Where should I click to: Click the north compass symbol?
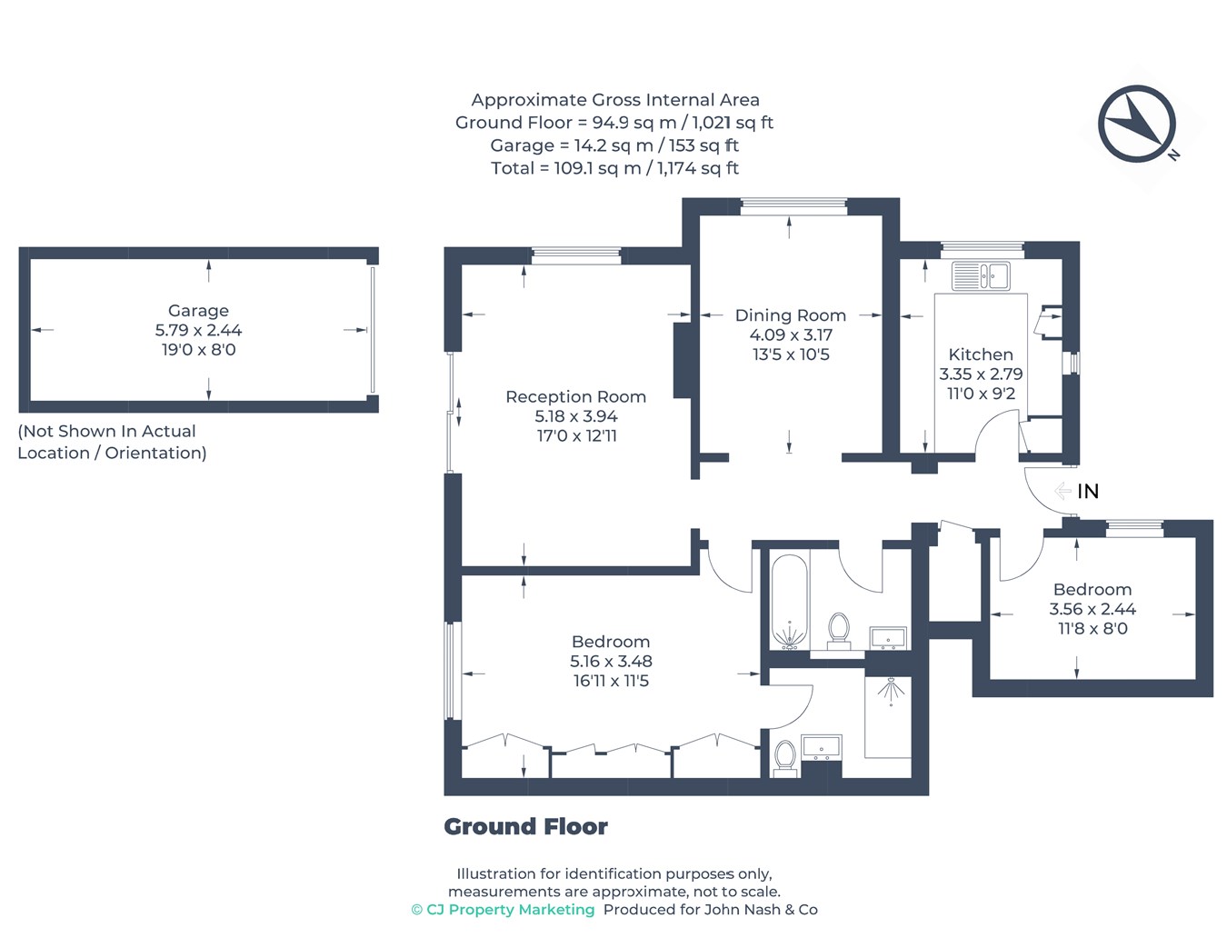coord(1136,124)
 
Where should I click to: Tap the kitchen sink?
coord(981,275)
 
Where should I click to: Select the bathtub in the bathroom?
coord(789,602)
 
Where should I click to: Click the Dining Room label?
coord(791,315)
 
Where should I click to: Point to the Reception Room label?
coord(575,396)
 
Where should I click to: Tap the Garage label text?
coord(198,310)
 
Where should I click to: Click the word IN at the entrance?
coord(1088,491)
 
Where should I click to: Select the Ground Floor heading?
coord(525,826)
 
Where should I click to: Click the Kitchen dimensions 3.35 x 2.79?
coord(981,374)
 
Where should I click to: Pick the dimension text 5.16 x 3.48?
coord(611,661)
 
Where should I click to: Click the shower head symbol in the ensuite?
coord(891,691)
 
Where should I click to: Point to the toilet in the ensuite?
coord(785,758)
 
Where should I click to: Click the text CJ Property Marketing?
coord(510,910)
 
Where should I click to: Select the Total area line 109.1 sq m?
coord(615,168)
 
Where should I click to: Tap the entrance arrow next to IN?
coord(1062,491)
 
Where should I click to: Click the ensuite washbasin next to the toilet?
coord(821,748)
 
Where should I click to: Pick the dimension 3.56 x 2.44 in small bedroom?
coord(1092,609)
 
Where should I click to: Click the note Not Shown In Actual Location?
coord(112,442)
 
